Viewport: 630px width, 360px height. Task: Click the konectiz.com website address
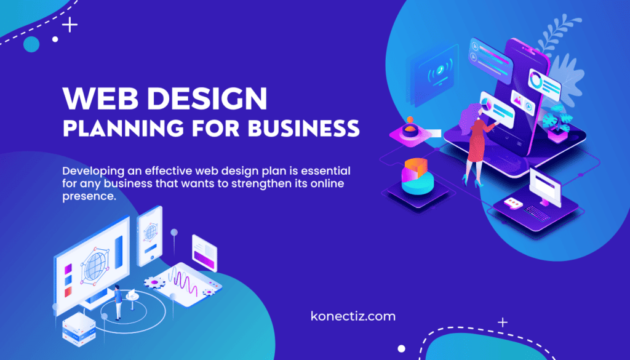(x=353, y=316)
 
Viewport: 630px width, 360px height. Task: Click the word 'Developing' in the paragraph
(x=93, y=170)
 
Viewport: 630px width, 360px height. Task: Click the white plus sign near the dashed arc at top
(x=71, y=25)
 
